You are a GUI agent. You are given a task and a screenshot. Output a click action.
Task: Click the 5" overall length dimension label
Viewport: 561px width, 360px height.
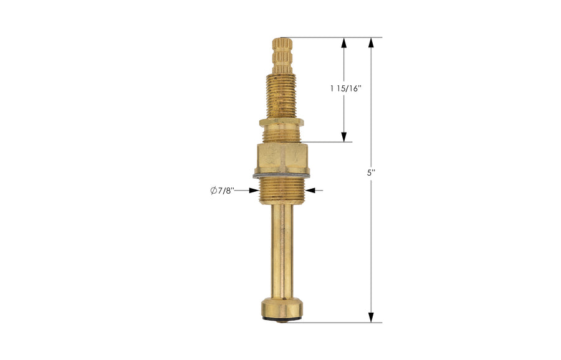point(371,173)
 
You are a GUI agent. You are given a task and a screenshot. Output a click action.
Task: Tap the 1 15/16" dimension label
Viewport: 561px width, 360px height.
point(346,88)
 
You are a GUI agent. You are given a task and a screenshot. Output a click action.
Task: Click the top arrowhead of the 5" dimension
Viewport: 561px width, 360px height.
point(371,42)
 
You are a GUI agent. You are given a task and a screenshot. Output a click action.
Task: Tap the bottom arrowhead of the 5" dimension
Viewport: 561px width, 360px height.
point(371,318)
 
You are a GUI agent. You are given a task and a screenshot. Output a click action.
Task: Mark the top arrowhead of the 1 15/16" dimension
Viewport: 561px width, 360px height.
point(343,42)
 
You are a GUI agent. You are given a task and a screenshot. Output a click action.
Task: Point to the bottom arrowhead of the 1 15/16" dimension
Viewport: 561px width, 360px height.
point(343,137)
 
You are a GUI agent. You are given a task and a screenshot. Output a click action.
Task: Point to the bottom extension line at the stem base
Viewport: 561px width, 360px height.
point(337,323)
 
